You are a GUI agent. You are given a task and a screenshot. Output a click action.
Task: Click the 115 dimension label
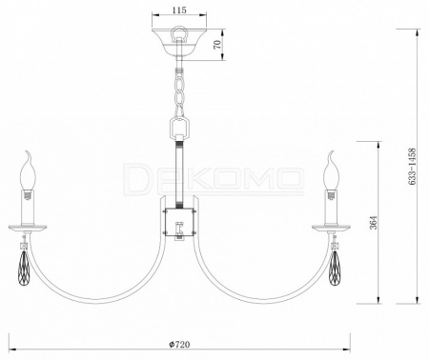pyautogui.click(x=179, y=10)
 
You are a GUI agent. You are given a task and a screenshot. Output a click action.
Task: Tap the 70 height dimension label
pyautogui.click(x=217, y=45)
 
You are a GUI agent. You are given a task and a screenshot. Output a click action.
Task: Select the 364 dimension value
pyautogui.click(x=374, y=222)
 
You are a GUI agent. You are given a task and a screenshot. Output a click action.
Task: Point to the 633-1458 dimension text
pyautogui.click(x=412, y=167)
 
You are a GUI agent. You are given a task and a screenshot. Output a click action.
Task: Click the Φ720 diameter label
pyautogui.click(x=179, y=344)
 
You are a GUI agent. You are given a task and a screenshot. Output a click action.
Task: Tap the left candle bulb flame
pyautogui.click(x=28, y=170)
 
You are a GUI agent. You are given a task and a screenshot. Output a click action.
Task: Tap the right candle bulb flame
pyautogui.click(x=331, y=170)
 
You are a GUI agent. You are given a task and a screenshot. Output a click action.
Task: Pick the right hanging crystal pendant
pyautogui.click(x=335, y=269)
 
